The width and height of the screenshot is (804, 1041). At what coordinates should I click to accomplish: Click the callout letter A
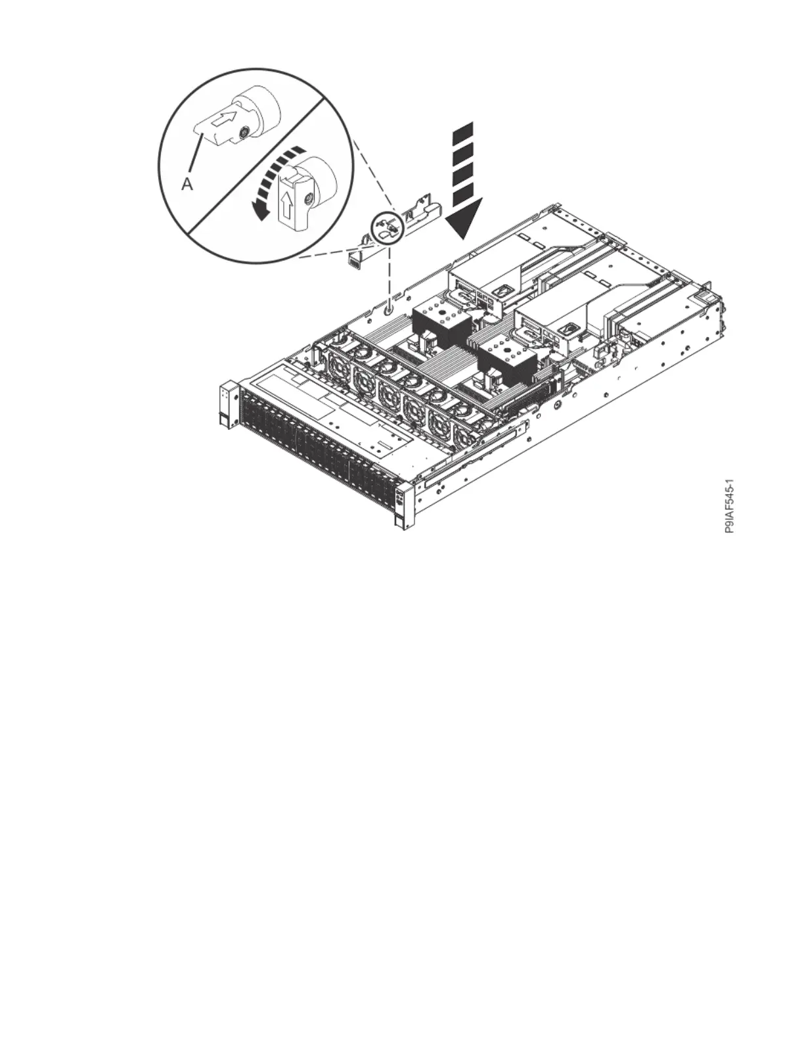(187, 185)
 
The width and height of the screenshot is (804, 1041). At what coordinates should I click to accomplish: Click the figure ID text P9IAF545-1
(730, 506)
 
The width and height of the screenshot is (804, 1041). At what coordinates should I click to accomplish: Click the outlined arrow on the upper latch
(224, 120)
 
